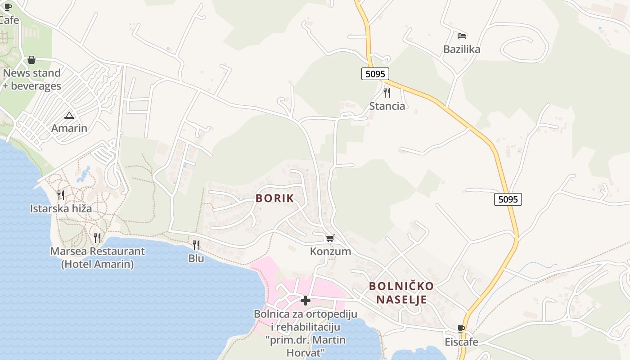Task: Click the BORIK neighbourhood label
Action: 274,198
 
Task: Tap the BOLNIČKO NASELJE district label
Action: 401,293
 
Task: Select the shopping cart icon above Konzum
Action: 330,238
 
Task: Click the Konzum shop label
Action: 330,251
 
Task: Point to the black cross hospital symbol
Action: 306,300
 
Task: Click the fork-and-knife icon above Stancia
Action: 387,93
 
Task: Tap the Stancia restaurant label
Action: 387,106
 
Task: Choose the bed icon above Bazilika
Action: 462,36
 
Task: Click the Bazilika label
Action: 462,49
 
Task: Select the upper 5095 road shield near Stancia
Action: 375,74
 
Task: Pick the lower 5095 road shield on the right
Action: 508,199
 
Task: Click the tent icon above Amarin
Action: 69,115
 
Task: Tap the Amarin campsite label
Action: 69,128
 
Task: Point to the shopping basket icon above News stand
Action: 31,60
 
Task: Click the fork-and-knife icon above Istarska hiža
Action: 61,195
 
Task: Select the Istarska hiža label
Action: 61,208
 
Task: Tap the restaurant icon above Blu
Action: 196,245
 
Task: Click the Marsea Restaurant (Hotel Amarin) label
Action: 97,257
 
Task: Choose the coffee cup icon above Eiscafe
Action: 461,328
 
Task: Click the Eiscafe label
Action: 461,342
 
